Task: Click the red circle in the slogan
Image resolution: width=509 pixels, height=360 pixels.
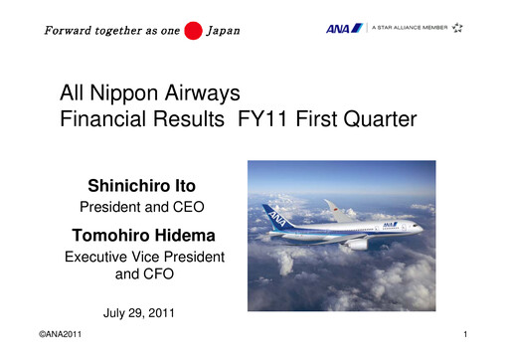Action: [194, 29]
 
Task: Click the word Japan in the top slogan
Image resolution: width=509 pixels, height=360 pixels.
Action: [223, 30]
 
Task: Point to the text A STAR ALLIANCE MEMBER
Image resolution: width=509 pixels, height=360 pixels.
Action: [410, 28]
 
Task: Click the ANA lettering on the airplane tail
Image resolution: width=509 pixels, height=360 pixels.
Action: [274, 218]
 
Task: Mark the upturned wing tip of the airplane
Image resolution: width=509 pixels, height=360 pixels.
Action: [330, 206]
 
